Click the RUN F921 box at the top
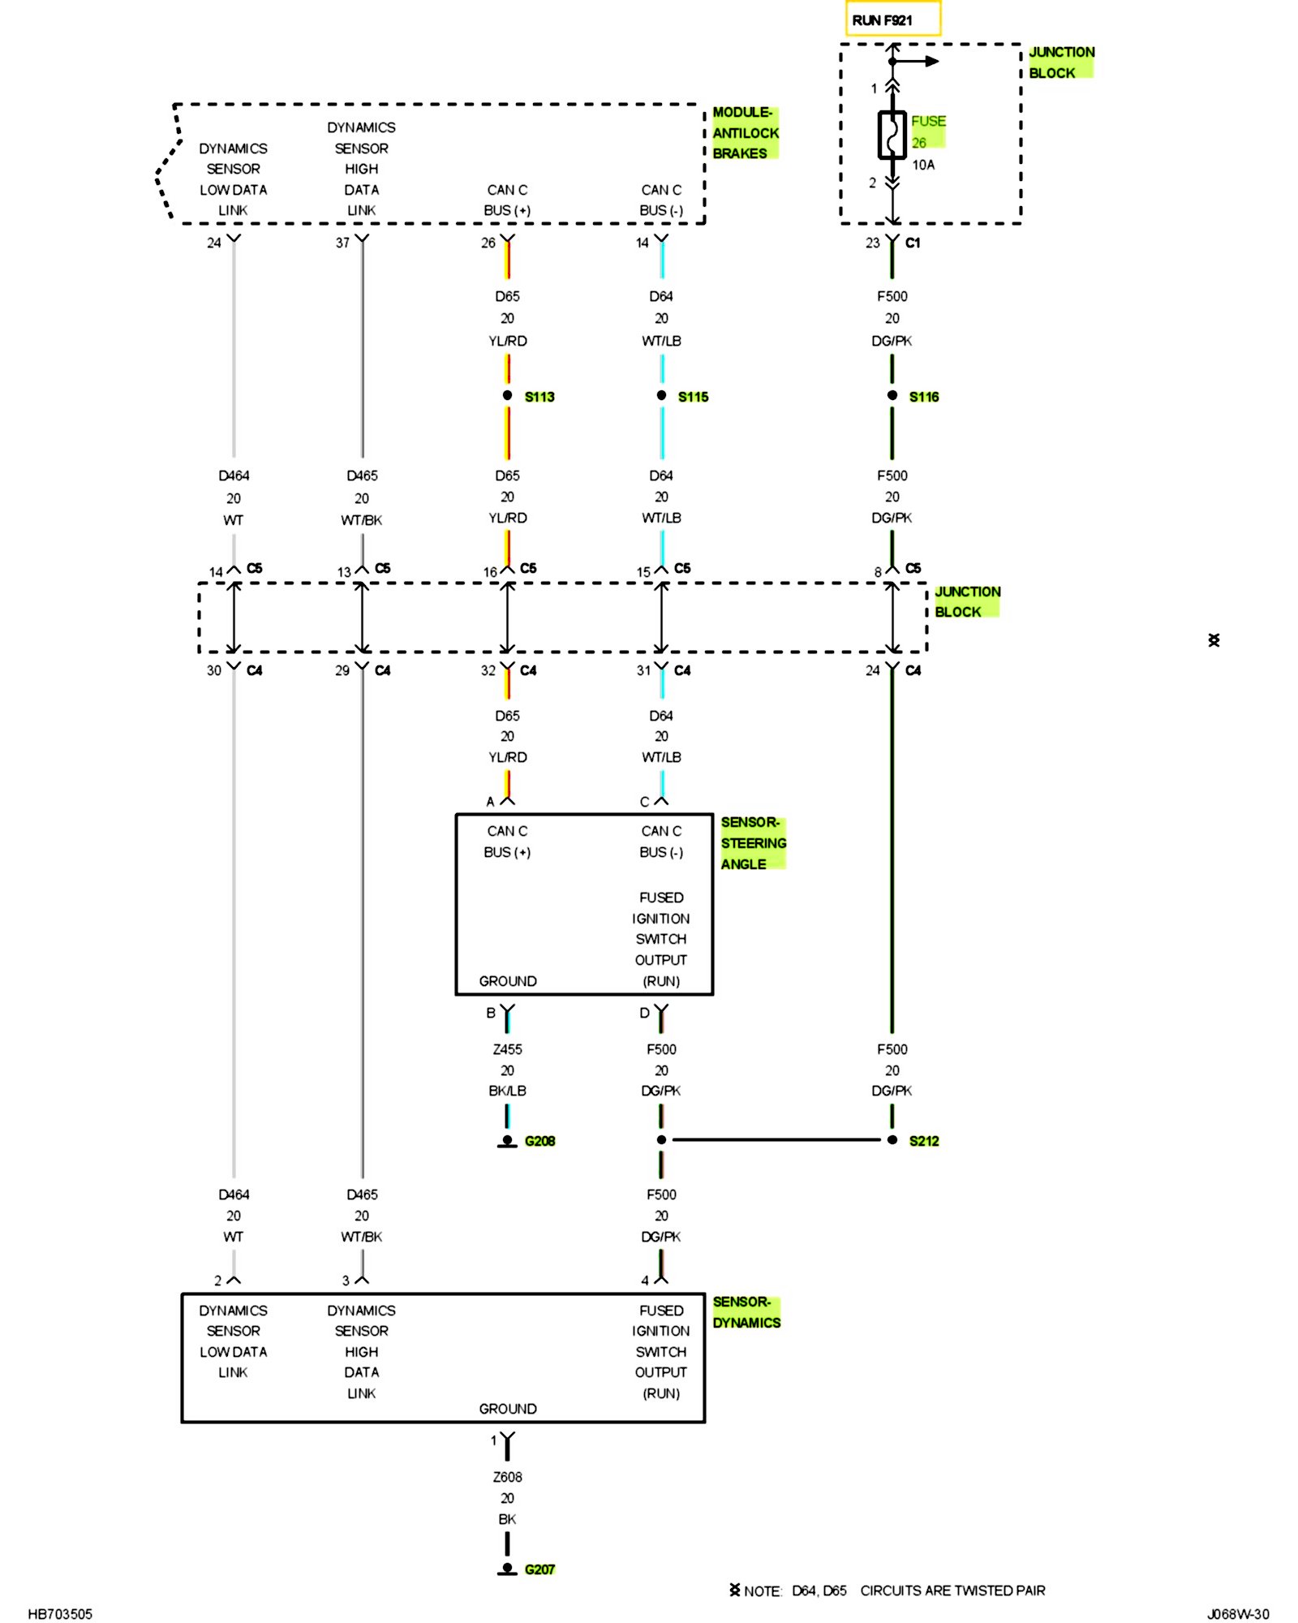click(x=892, y=19)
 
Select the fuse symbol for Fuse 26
click(x=892, y=135)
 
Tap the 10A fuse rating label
click(x=923, y=165)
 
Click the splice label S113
click(x=539, y=397)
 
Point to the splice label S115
click(x=694, y=397)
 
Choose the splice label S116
click(x=924, y=397)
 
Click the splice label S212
click(x=924, y=1141)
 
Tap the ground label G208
click(x=539, y=1141)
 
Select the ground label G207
click(x=539, y=1569)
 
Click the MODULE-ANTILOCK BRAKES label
click(x=746, y=133)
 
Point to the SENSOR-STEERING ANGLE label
click(x=754, y=843)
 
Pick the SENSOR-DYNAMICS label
click(x=746, y=1312)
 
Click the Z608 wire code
click(x=507, y=1477)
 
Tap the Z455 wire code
click(x=507, y=1049)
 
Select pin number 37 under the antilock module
click(x=342, y=243)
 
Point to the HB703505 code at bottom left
click(x=60, y=1614)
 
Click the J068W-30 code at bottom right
click(x=1238, y=1614)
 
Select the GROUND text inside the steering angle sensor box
click(x=508, y=981)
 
